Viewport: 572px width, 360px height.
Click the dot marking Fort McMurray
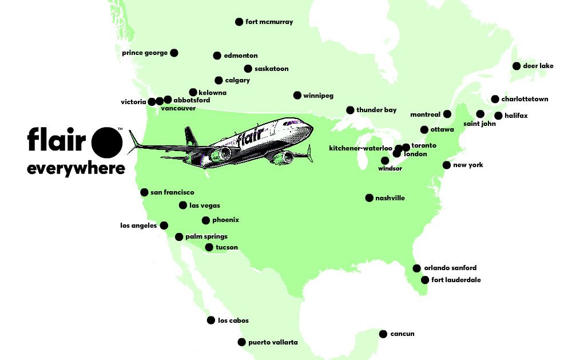click(239, 22)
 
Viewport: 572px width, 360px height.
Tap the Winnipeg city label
click(318, 96)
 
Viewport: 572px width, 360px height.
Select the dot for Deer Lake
click(517, 66)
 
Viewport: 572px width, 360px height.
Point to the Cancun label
click(402, 334)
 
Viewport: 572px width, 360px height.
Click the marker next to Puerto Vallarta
click(241, 342)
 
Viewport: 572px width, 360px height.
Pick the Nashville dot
click(369, 198)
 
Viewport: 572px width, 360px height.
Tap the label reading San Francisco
click(172, 192)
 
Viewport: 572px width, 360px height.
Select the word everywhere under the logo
click(76, 169)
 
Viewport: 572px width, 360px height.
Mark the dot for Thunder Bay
click(350, 110)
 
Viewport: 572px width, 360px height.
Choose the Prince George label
click(145, 53)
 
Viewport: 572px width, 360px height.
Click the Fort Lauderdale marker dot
click(425, 280)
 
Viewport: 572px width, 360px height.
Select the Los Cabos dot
click(210, 321)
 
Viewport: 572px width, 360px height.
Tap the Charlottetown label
click(525, 99)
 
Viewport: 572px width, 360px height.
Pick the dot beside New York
click(446, 165)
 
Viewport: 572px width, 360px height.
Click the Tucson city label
click(227, 247)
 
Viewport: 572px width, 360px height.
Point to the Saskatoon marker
click(248, 69)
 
